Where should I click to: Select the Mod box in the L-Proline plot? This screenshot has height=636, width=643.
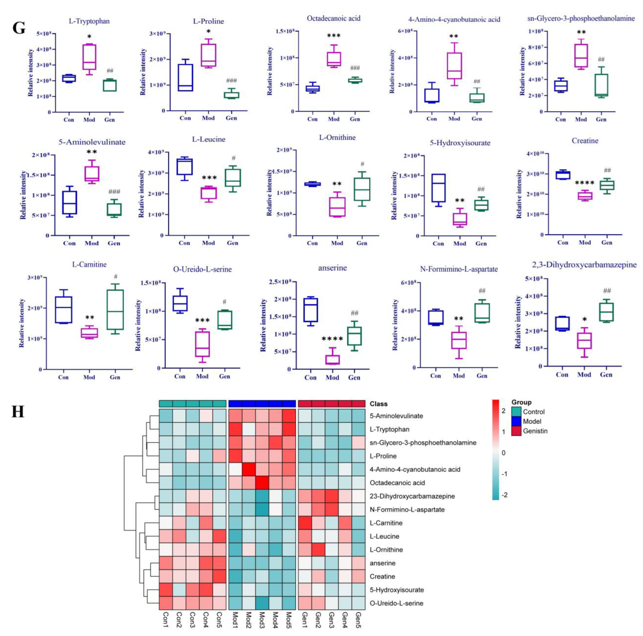click(208, 55)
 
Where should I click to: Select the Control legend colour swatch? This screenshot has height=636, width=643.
click(516, 412)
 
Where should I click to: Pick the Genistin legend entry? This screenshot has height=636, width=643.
click(535, 431)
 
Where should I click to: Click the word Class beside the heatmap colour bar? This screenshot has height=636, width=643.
click(379, 404)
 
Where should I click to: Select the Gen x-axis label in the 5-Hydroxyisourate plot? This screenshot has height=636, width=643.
click(481, 244)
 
